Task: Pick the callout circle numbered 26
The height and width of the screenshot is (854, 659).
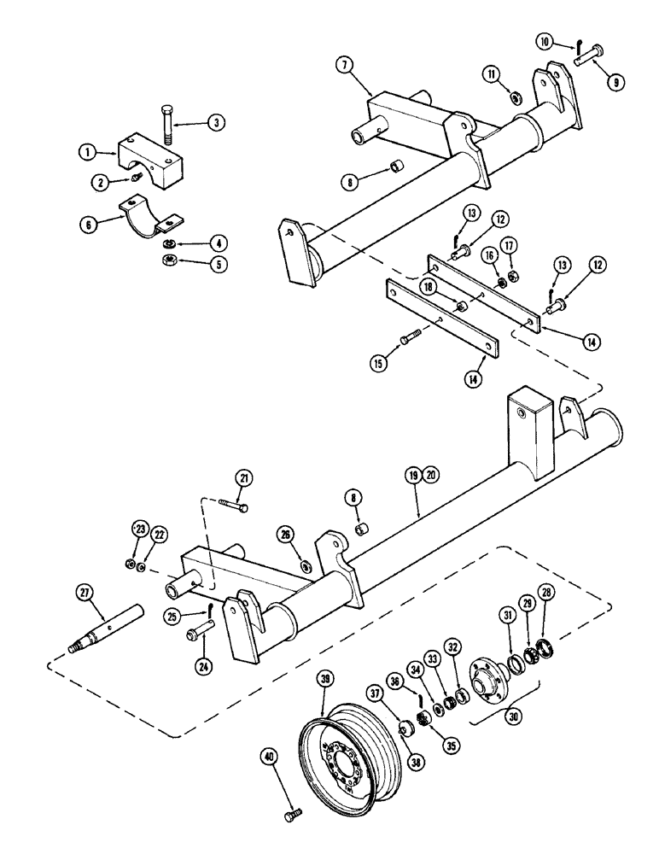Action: [x=286, y=535]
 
